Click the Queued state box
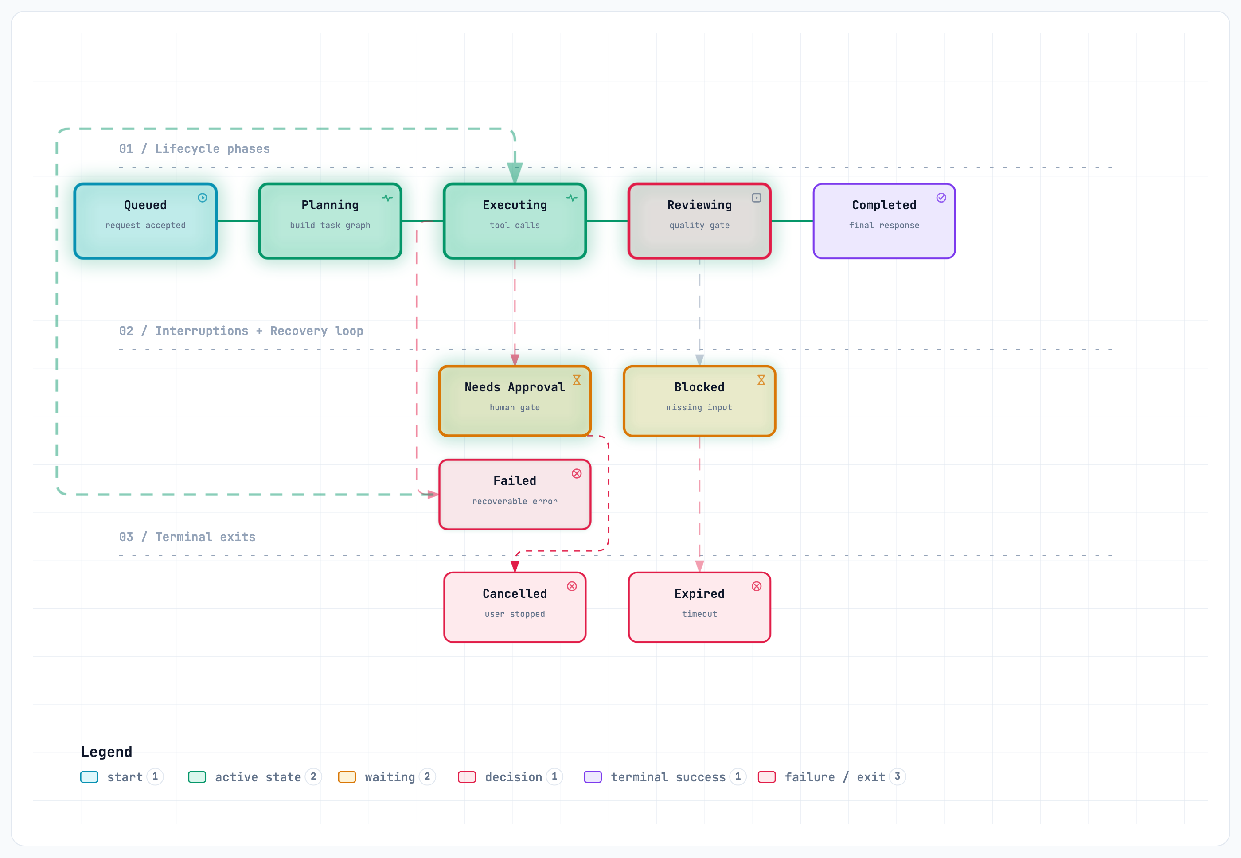click(x=145, y=221)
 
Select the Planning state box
click(x=330, y=221)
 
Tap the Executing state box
click(x=515, y=221)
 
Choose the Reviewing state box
click(x=699, y=221)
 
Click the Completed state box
click(x=884, y=221)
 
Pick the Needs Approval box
click(x=515, y=401)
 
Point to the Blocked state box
click(x=699, y=401)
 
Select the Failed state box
click(x=515, y=495)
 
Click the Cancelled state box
click(x=515, y=607)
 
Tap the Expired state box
click(x=699, y=607)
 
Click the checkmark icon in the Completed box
click(x=941, y=198)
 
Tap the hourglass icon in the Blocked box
click(x=761, y=380)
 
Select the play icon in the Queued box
click(x=202, y=198)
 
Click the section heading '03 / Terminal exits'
click(x=187, y=537)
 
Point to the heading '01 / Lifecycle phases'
click(x=194, y=148)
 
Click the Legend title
click(x=106, y=752)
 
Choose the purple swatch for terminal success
click(x=593, y=777)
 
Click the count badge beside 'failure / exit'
click(x=897, y=776)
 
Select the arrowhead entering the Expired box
click(x=699, y=566)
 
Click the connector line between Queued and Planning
click(x=238, y=221)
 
